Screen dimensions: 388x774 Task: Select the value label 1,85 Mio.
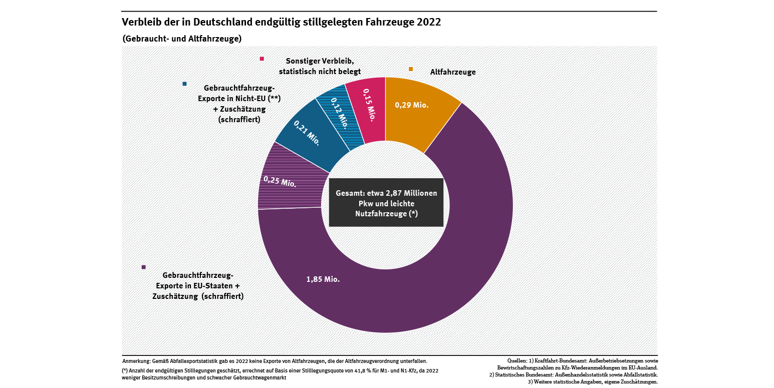(323, 279)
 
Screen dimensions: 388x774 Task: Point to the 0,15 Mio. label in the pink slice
(368, 105)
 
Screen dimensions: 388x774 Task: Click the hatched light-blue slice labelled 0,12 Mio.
(339, 113)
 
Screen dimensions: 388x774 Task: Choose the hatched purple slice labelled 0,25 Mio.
(280, 181)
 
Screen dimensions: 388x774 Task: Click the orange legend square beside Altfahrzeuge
(411, 69)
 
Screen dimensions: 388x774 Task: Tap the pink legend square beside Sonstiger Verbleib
(262, 59)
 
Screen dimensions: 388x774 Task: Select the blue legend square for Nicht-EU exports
(185, 84)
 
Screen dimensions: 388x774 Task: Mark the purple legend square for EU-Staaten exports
(143, 267)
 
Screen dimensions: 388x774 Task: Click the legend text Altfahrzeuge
(452, 72)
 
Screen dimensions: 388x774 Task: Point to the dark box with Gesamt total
(386, 203)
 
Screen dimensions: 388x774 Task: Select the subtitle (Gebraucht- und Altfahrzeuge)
(181, 39)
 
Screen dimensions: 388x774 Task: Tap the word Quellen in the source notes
(517, 360)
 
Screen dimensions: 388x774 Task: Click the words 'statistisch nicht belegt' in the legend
(320, 72)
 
